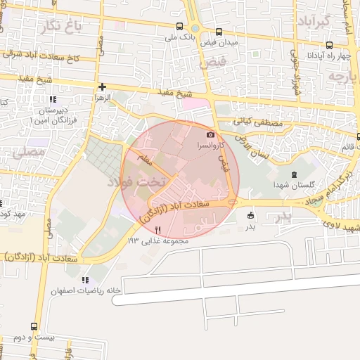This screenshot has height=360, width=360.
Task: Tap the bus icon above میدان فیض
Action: click(x=219, y=32)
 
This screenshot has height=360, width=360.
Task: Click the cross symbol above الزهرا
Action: click(x=103, y=87)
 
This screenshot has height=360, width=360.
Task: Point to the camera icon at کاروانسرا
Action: click(x=210, y=134)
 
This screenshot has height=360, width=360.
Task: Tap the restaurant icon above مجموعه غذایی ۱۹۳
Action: click(x=158, y=230)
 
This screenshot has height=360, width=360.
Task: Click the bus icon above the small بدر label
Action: click(x=251, y=216)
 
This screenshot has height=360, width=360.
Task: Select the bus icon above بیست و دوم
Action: click(x=34, y=326)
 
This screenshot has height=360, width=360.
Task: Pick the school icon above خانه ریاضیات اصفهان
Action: click(x=86, y=280)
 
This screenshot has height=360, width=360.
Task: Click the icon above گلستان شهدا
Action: click(x=294, y=174)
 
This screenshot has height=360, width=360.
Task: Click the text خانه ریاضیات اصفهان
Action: click(x=86, y=290)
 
